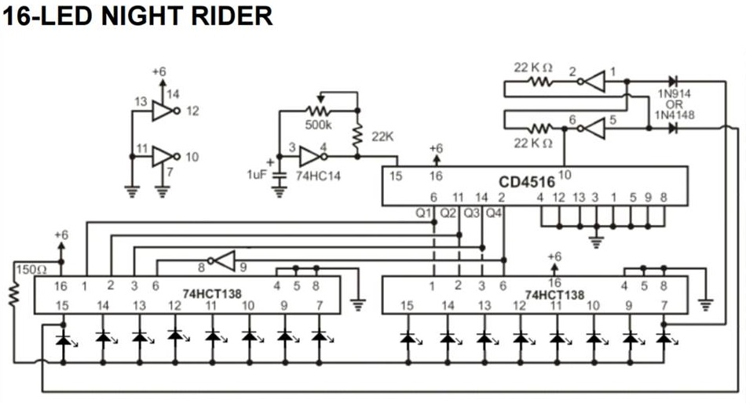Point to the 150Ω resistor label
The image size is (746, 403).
(x=28, y=269)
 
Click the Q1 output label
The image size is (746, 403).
(x=425, y=212)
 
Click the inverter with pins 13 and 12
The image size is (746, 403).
(x=162, y=111)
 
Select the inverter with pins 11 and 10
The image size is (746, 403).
(x=162, y=156)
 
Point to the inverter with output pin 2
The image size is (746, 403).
(x=594, y=80)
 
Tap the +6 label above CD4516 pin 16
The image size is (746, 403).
(x=436, y=148)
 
